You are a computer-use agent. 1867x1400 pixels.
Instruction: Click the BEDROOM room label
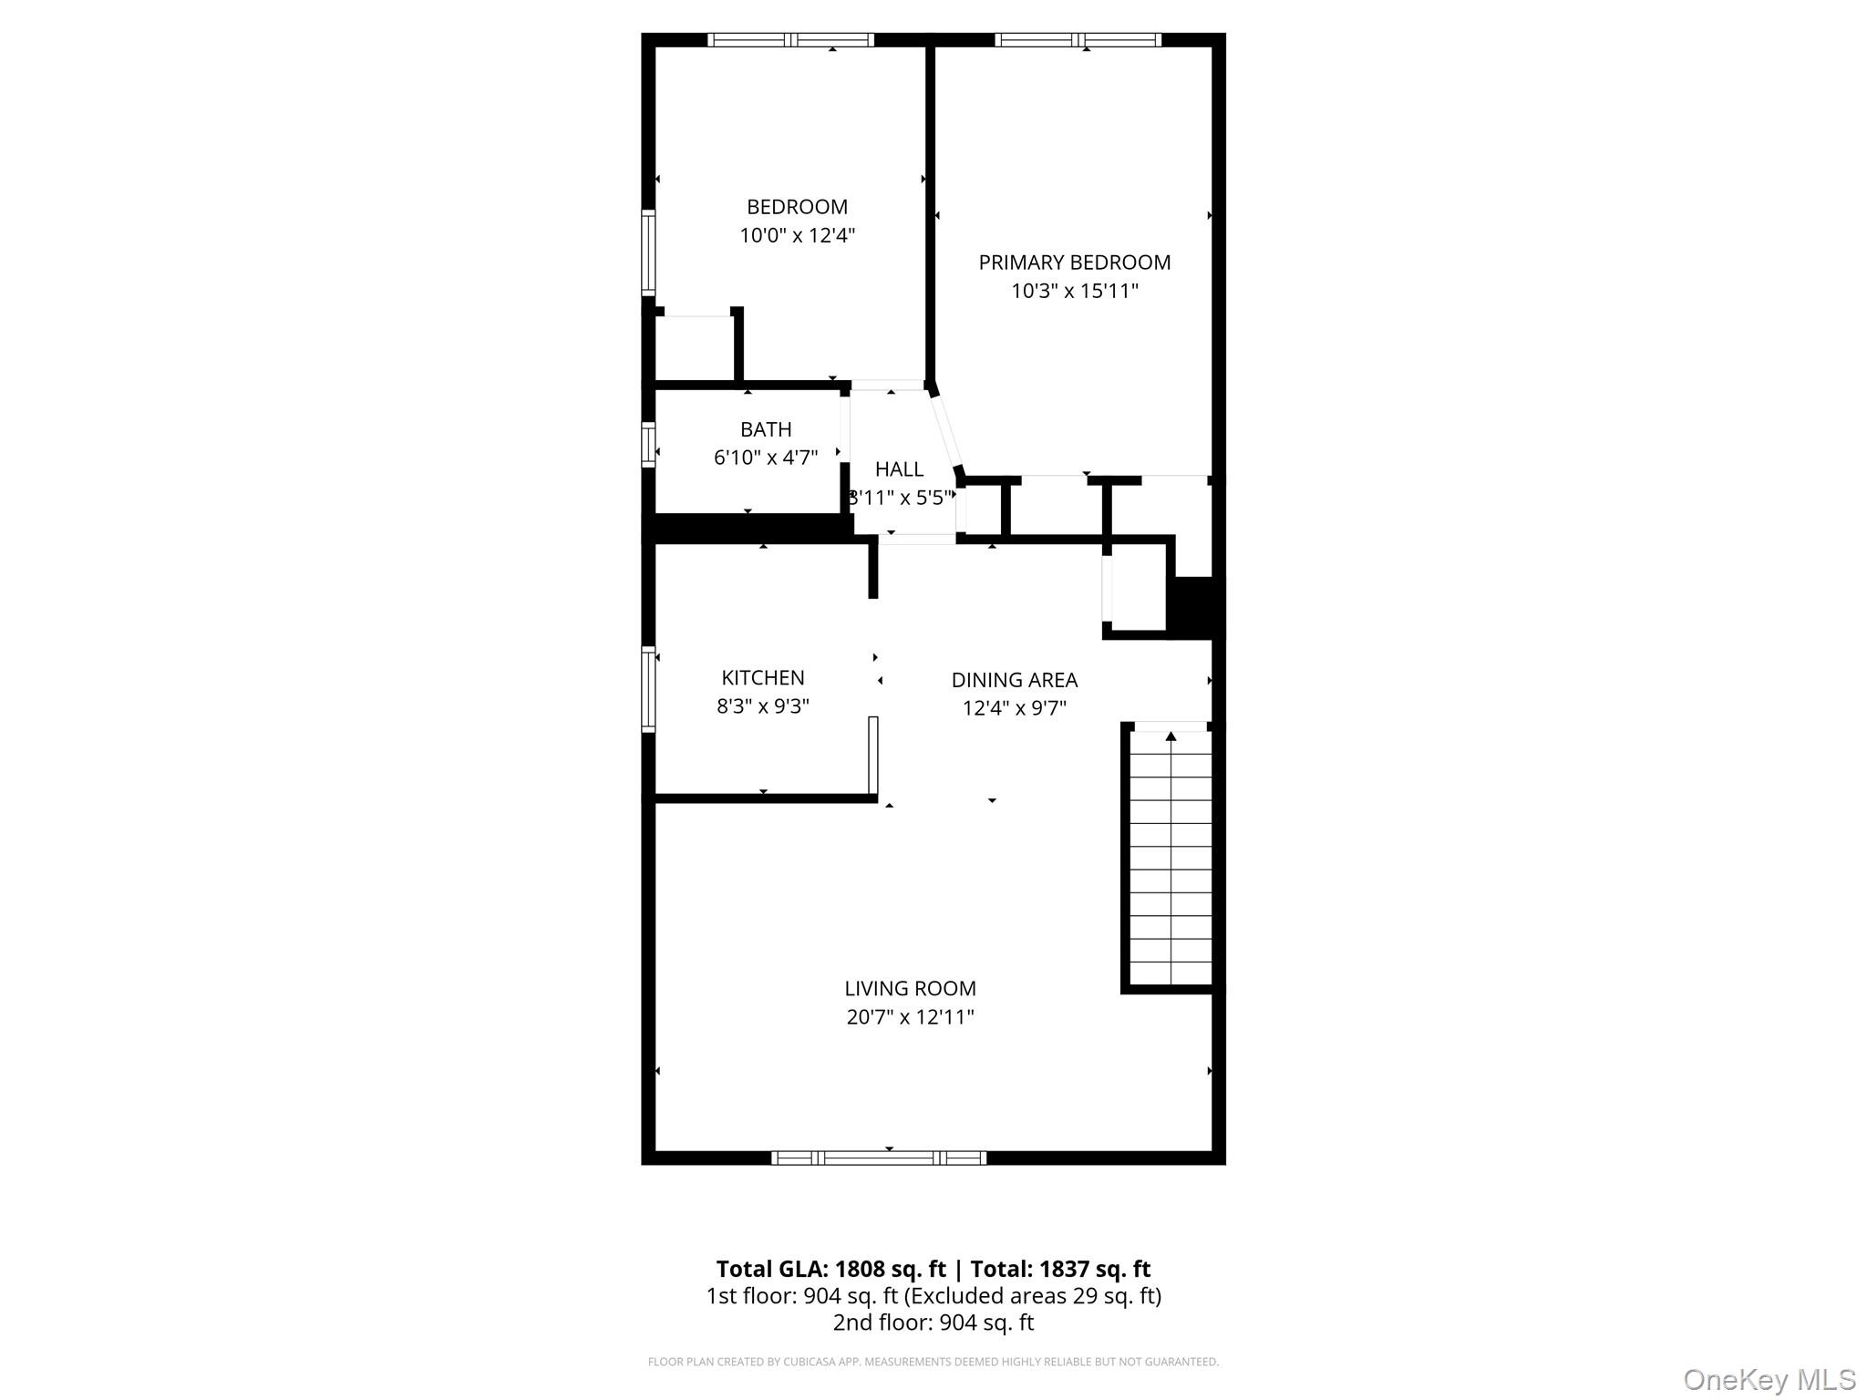click(x=797, y=207)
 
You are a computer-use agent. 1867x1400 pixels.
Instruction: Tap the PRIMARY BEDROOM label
click(x=1074, y=262)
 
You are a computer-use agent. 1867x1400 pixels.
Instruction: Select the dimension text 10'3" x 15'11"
click(x=1074, y=292)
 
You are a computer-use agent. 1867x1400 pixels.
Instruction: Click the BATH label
click(x=765, y=429)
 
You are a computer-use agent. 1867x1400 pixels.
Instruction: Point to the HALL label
click(x=899, y=469)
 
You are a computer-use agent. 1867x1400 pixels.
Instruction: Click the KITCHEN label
click(x=762, y=678)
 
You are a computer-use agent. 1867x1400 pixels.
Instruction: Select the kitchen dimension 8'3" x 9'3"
click(x=762, y=706)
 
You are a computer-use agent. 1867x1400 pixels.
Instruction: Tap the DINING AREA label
click(x=1014, y=680)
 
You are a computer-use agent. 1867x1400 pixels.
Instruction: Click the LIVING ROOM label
click(x=909, y=988)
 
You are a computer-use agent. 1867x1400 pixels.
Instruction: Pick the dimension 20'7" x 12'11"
click(x=909, y=1017)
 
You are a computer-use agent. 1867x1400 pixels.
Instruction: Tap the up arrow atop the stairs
click(x=1171, y=736)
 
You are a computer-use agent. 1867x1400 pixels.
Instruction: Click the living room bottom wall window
click(x=878, y=1158)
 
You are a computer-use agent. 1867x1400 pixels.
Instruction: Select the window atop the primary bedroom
click(x=1078, y=40)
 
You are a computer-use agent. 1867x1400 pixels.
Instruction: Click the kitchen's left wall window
click(x=648, y=689)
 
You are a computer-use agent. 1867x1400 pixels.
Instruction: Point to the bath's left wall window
click(x=648, y=444)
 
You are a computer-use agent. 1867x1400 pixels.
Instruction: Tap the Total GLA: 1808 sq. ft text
click(x=830, y=1269)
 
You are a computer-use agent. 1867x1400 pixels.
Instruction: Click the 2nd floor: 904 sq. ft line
click(x=933, y=1323)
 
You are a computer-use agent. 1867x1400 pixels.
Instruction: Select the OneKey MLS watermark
click(x=1769, y=1380)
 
